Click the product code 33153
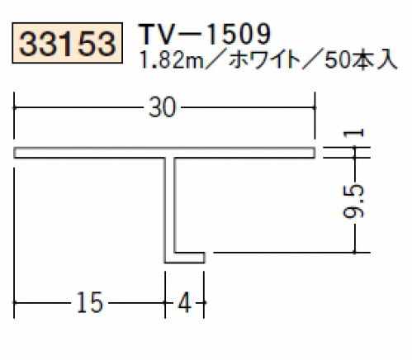tap(67, 43)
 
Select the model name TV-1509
tap(205, 34)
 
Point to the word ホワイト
tap(263, 60)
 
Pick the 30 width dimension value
tap(162, 107)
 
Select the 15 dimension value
tap(90, 302)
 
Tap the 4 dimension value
tap(184, 302)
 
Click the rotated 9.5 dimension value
tap(354, 201)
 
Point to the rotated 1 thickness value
tap(354, 134)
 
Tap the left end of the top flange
tap(14, 153)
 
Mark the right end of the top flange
tap(315, 153)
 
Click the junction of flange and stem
tap(169, 158)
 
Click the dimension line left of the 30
tap(79, 107)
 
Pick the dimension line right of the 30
tap(248, 107)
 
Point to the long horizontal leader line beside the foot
tap(291, 252)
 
